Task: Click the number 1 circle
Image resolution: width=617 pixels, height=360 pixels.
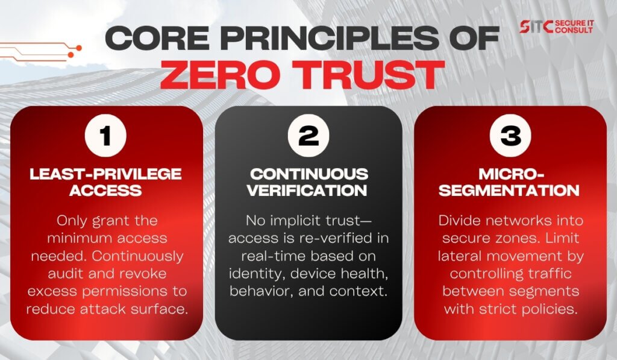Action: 105,136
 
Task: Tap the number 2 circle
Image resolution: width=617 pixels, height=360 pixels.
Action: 308,136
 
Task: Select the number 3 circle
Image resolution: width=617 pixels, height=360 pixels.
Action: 510,136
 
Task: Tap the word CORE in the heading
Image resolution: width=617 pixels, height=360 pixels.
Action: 157,38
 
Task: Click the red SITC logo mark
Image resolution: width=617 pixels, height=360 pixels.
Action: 536,27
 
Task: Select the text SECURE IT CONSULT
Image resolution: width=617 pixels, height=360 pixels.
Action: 574,27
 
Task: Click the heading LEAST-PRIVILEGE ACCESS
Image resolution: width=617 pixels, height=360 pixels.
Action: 105,182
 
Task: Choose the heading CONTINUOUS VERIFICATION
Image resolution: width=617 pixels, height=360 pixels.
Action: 308,182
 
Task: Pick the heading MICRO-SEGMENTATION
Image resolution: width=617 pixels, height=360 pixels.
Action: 510,182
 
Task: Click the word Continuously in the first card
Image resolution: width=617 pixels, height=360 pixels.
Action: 138,256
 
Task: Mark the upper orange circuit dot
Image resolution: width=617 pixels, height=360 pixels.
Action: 79,48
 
